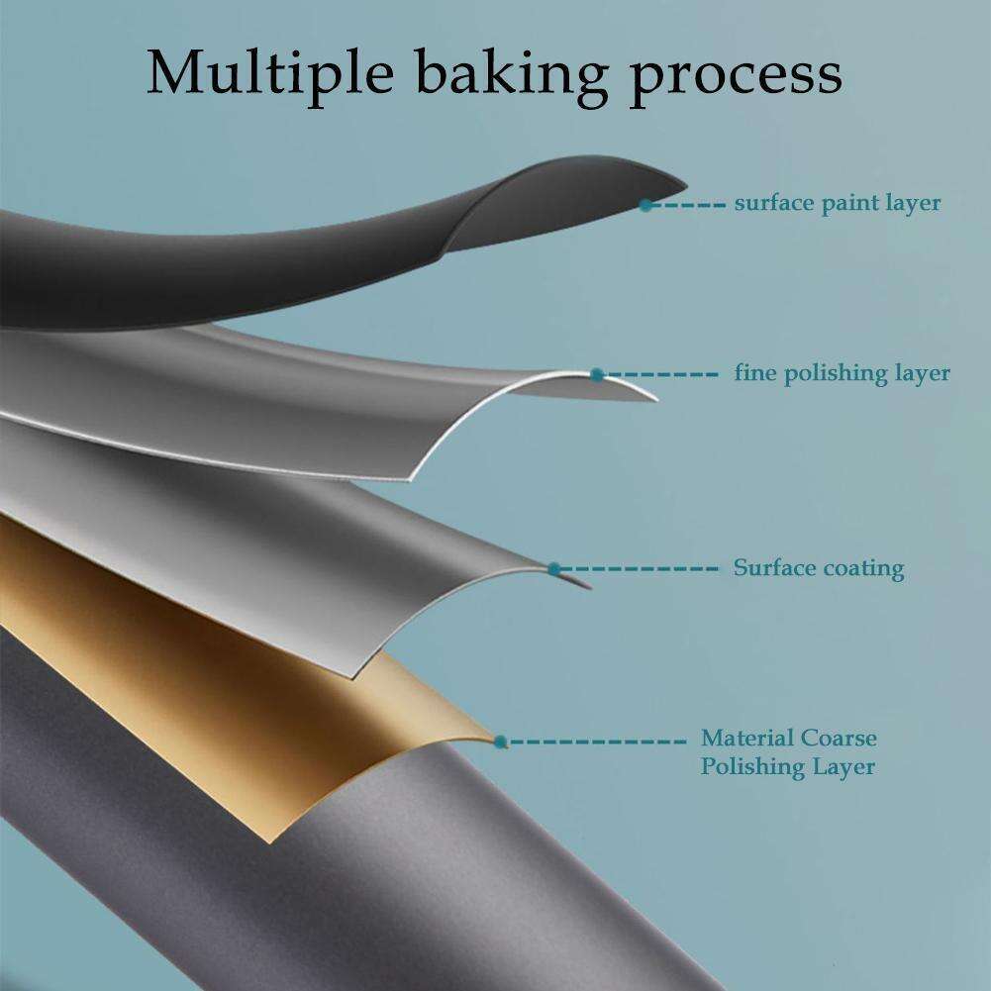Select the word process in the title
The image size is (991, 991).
[x=736, y=79]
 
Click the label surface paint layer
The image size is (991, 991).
[x=838, y=204]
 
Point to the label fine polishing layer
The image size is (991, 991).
[x=842, y=373]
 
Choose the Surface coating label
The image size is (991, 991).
[x=819, y=567]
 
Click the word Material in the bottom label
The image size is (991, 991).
[x=746, y=738]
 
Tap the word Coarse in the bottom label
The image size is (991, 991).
[x=839, y=738]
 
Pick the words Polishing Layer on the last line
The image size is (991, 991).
[x=787, y=767]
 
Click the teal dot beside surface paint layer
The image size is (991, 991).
[x=645, y=205]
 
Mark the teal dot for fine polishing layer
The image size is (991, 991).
[x=597, y=375]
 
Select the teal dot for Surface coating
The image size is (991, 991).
[x=554, y=569]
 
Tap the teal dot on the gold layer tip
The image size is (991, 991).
[x=500, y=742]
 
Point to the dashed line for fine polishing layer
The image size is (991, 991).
[x=660, y=375]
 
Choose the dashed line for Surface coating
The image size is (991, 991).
[x=640, y=569]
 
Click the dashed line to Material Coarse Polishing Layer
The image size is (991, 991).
[x=597, y=742]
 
